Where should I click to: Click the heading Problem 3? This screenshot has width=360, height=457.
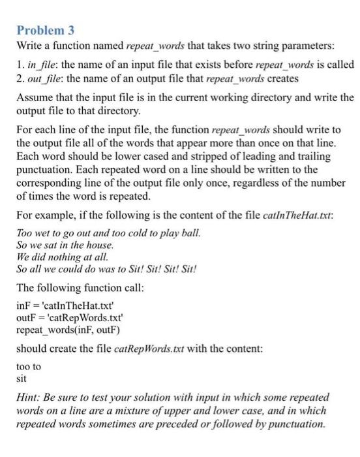[x=44, y=31]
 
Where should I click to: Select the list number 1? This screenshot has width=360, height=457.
[x=19, y=65]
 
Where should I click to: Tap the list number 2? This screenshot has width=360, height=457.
[x=19, y=78]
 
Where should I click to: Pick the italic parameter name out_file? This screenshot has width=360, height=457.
[x=46, y=78]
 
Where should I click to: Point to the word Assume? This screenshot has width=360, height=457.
[x=34, y=97]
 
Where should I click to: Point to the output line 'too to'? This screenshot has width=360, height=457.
[x=28, y=367]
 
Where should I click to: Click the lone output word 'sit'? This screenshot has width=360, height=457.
[x=22, y=378]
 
